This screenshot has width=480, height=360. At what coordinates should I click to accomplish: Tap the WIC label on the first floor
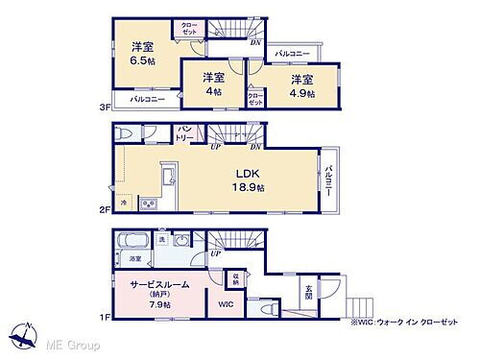tap(224, 305)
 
